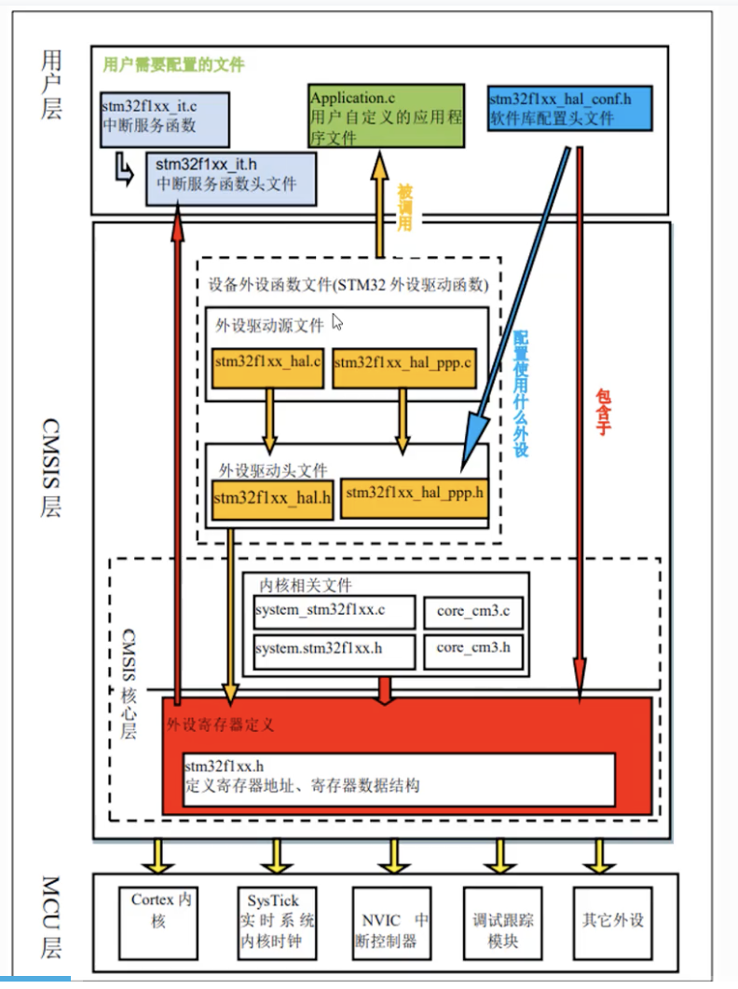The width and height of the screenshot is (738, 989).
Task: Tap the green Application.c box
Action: (x=385, y=114)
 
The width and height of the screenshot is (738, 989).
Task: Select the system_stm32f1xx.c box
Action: (x=334, y=612)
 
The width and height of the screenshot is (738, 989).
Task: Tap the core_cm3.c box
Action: (x=473, y=612)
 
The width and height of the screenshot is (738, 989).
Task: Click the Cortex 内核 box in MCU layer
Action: (x=161, y=919)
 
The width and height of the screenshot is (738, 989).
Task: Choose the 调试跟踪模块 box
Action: (x=502, y=919)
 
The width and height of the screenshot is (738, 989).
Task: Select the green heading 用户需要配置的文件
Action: (x=173, y=65)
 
